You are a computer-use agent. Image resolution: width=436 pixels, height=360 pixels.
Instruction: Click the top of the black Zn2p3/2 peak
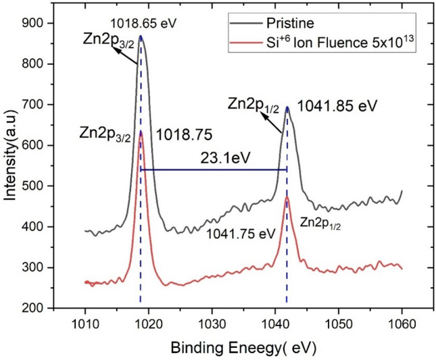pos(141,36)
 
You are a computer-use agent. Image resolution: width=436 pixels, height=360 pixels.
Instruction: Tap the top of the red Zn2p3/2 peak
pos(141,132)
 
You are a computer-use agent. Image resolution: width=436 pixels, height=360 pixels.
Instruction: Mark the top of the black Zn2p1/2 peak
pos(287,106)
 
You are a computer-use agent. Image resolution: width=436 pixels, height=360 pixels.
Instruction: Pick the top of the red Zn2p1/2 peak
pos(287,197)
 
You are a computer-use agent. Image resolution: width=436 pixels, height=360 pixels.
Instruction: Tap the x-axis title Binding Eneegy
pos(239,348)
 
